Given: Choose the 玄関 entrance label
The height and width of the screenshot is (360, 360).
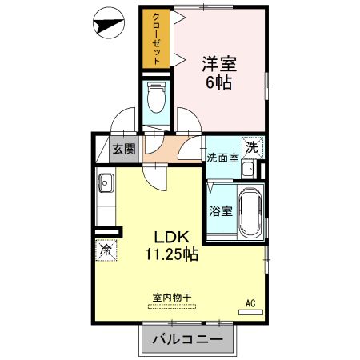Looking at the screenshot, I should coord(123,148).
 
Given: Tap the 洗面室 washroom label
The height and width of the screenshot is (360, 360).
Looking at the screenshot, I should coord(222,157).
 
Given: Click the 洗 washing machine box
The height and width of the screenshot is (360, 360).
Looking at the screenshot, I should coord(252,147).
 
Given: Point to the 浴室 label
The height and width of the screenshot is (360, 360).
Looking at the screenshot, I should coord(221,211).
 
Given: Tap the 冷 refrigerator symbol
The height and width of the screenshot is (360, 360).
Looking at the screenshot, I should coord(105,249).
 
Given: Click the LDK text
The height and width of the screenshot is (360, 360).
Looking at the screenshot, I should coord(171,238).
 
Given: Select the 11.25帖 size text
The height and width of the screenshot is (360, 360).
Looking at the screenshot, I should coord(171,255).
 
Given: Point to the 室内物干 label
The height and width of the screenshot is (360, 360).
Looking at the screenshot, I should coord(170,297).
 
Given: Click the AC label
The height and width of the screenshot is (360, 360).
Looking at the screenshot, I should coord(250,303).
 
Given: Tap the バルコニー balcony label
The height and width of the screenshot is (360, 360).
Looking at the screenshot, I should coord(187,340).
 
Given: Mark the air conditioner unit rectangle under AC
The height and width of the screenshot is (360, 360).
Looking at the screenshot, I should coord(250,312).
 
